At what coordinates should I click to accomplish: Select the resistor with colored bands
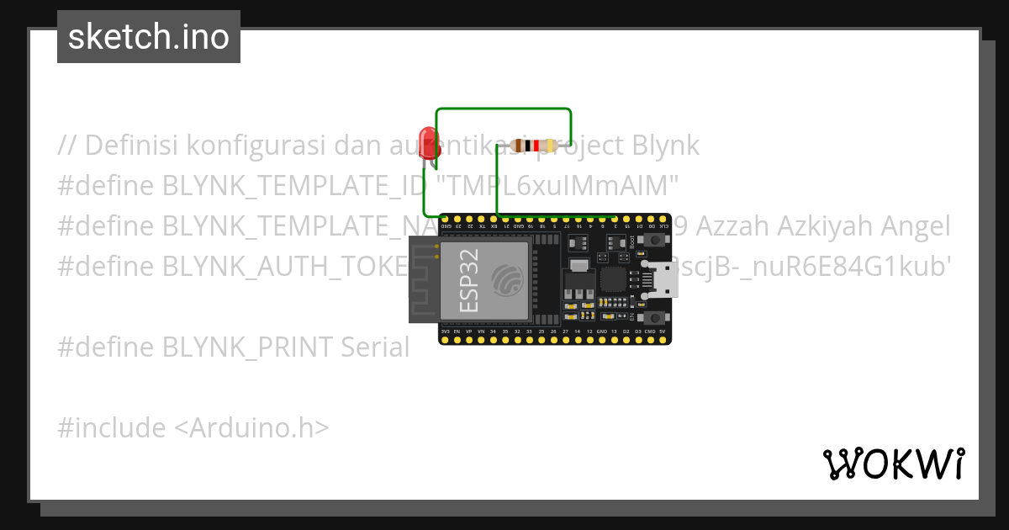(533, 146)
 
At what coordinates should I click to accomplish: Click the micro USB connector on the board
(663, 278)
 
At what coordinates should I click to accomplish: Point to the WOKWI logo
(893, 463)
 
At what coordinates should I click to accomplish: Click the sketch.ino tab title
(149, 37)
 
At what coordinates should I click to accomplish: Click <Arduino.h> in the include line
(251, 427)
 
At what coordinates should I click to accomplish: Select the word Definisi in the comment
(131, 146)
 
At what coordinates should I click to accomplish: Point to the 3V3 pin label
(445, 332)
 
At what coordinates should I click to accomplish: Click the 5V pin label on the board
(663, 332)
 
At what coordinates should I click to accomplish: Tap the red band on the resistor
(536, 146)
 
